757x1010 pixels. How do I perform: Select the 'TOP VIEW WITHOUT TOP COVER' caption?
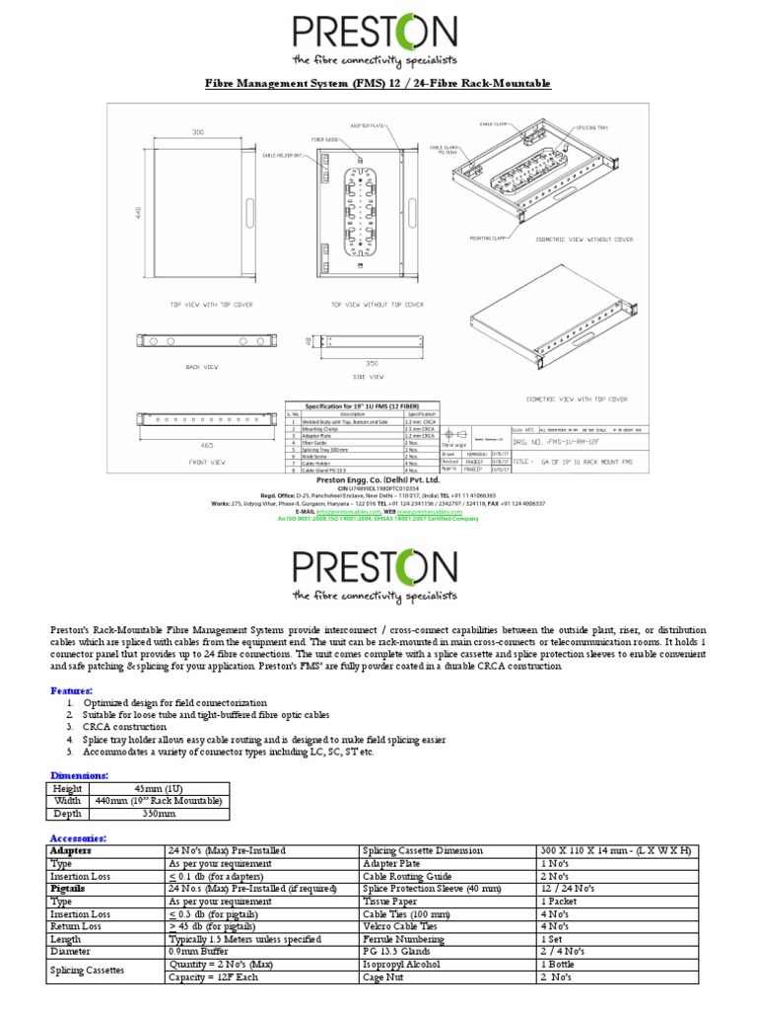pos(377,305)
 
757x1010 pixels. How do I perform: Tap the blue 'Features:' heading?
pos(71,690)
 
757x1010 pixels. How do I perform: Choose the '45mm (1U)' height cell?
pos(159,788)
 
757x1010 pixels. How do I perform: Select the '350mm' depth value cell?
pos(159,814)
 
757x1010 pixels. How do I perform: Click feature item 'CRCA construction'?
pos(131,726)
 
